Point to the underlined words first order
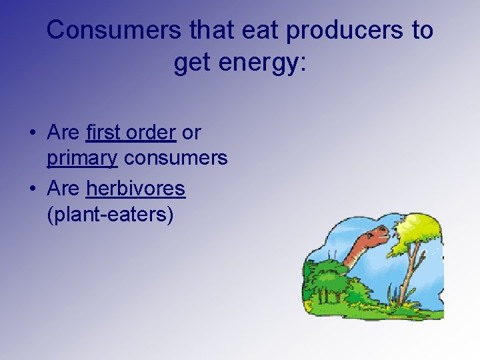[131, 133]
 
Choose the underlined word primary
[82, 159]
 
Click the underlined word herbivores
[135, 189]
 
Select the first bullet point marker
[33, 133]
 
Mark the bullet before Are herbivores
[33, 189]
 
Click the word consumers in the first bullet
[176, 159]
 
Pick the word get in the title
[192, 63]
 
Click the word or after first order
[191, 133]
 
